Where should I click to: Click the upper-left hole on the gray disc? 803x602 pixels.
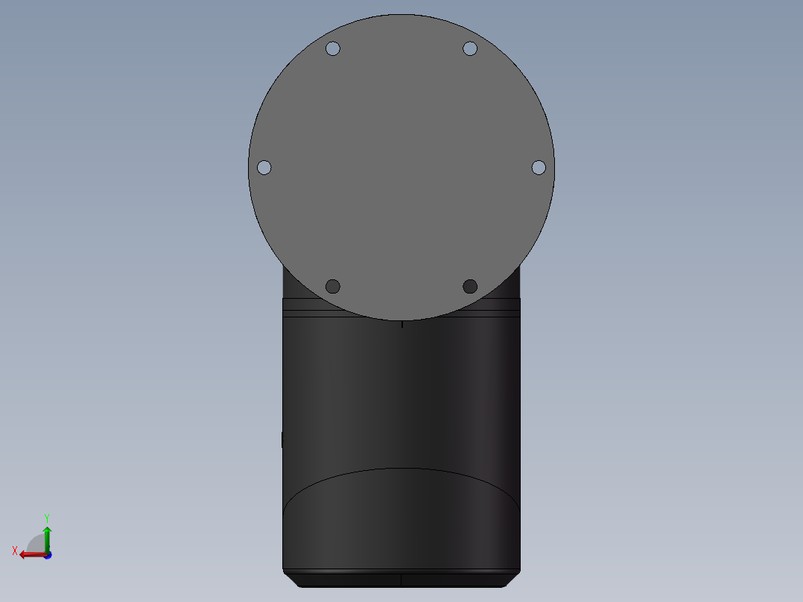pyautogui.click(x=333, y=48)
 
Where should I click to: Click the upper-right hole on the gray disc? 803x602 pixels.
pyautogui.click(x=470, y=48)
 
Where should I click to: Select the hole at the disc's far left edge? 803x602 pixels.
pyautogui.click(x=264, y=168)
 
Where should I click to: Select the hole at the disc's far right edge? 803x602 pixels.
pyautogui.click(x=539, y=168)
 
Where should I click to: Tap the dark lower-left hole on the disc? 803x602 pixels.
pyautogui.click(x=333, y=286)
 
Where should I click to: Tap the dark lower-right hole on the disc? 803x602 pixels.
pyautogui.click(x=470, y=286)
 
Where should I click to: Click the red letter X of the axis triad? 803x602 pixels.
pyautogui.click(x=15, y=551)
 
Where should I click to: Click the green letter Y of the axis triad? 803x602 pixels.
pyautogui.click(x=47, y=517)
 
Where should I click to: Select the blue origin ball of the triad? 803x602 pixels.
pyautogui.click(x=47, y=555)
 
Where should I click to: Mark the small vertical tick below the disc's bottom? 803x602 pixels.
pyautogui.click(x=402, y=324)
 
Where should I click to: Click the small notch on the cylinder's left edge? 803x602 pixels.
pyautogui.click(x=282, y=440)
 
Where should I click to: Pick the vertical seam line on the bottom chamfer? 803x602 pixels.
pyautogui.click(x=401, y=579)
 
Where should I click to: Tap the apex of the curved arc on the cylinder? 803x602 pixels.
pyautogui.click(x=401, y=469)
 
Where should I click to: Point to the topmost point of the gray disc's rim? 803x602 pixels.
pyautogui.click(x=401, y=15)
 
